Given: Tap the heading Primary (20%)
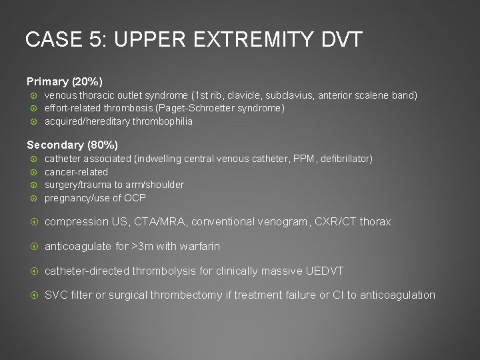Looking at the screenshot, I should (x=65, y=82).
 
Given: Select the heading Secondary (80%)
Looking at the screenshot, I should (x=72, y=145).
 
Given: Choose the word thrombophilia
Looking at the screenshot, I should (x=157, y=121).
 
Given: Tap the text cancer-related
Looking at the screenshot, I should (x=76, y=171).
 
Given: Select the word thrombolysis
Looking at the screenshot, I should (x=163, y=271).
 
